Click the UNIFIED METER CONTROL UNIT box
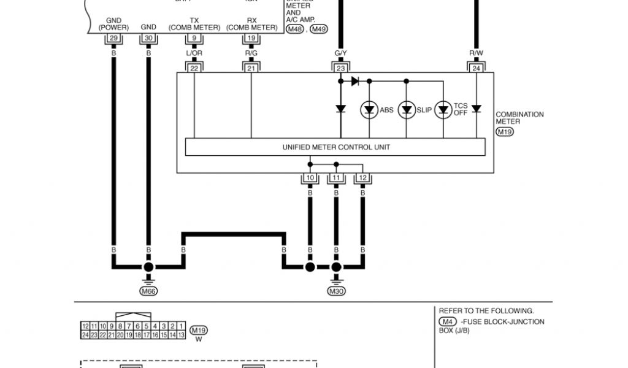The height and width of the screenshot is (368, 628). tap(335, 147)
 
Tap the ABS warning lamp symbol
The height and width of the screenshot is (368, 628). tap(369, 110)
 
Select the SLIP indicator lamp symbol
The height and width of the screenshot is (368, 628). tap(406, 110)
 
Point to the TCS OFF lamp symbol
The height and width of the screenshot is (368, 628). tap(443, 110)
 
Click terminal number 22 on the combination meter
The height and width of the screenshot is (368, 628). tap(194, 68)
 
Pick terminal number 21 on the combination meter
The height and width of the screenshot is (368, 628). tap(251, 68)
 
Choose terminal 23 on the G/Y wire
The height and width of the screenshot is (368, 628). tap(341, 68)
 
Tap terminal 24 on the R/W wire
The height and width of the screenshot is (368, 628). tap(476, 68)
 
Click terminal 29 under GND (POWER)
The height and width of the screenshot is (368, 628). tap(113, 38)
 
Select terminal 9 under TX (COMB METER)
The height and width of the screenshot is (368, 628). tap(194, 38)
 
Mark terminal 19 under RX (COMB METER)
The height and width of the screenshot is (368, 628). tap(251, 38)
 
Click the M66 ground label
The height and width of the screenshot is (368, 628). tap(148, 291)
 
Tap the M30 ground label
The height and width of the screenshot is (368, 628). tap(336, 291)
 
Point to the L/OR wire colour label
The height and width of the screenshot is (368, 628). tap(194, 53)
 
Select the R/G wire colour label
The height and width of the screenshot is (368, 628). tap(251, 53)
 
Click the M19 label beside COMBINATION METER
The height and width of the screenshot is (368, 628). tap(504, 132)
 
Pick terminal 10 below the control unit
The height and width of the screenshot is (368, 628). tap(310, 178)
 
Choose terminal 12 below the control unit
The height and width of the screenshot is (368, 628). tap(362, 178)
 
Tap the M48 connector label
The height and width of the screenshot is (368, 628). tap(294, 29)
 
